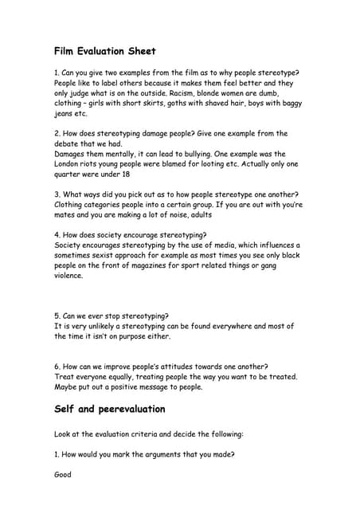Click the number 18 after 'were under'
point(125,175)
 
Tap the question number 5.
point(57,316)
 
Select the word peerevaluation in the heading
point(129,410)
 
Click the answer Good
point(63,474)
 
